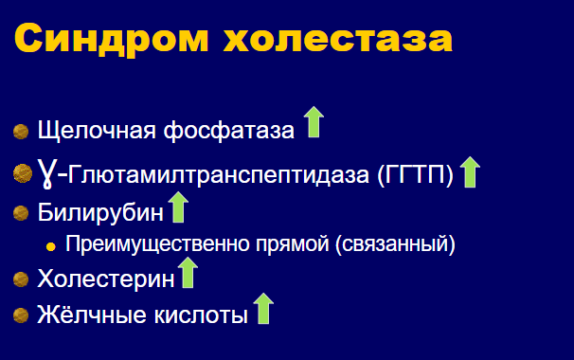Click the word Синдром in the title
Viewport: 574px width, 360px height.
tap(112, 39)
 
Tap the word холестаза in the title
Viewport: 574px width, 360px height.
tap(338, 39)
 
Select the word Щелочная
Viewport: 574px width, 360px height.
tap(97, 131)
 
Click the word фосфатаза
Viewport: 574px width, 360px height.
tap(229, 131)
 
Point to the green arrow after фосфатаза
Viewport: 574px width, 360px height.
tap(314, 122)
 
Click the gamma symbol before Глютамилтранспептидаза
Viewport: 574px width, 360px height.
tap(46, 173)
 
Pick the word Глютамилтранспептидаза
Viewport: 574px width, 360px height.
tap(219, 175)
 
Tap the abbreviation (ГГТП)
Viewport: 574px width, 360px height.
tap(416, 175)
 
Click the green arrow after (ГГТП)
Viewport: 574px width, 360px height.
tap(470, 172)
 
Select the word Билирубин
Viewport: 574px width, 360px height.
tap(100, 212)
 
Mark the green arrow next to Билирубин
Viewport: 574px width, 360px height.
tap(178, 207)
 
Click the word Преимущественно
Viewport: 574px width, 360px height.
tap(157, 243)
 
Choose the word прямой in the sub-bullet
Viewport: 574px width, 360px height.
tap(293, 244)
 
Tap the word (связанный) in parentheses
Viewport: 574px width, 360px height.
tap(395, 244)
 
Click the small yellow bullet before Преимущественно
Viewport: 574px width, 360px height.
tap(50, 246)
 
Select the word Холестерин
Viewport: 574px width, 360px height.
tap(106, 279)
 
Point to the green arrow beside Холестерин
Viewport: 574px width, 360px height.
tap(188, 273)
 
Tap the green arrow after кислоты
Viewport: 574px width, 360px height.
tap(263, 308)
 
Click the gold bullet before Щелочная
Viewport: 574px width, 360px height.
tap(21, 132)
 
